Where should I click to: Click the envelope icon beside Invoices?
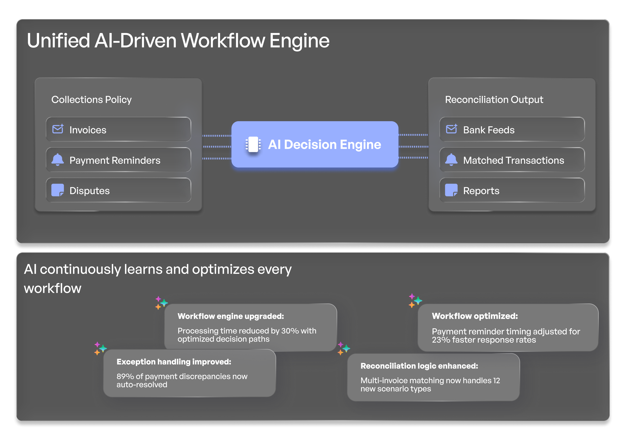[x=58, y=129]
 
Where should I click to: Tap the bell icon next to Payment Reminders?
[x=58, y=160]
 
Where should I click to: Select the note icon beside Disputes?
[x=58, y=190]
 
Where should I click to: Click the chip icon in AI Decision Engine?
[x=253, y=144]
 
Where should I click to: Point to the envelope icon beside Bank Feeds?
[x=451, y=129]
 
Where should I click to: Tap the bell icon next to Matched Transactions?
[x=451, y=160]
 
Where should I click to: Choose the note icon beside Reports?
[x=451, y=190]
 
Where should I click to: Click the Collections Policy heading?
[x=92, y=100]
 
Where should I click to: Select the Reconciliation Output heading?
[x=494, y=100]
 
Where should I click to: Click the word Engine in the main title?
[x=299, y=41]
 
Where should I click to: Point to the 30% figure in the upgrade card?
[x=290, y=331]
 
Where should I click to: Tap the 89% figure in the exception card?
[x=125, y=376]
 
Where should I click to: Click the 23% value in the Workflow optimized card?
[x=441, y=340]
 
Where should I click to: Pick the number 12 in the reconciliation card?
[x=496, y=381]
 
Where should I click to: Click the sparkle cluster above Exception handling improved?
[x=100, y=349]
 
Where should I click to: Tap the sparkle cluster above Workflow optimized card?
[x=415, y=300]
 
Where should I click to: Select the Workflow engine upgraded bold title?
[x=231, y=316]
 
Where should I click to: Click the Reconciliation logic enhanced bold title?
[x=419, y=366]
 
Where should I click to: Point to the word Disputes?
[x=90, y=191]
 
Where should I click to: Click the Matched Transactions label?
[x=513, y=160]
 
